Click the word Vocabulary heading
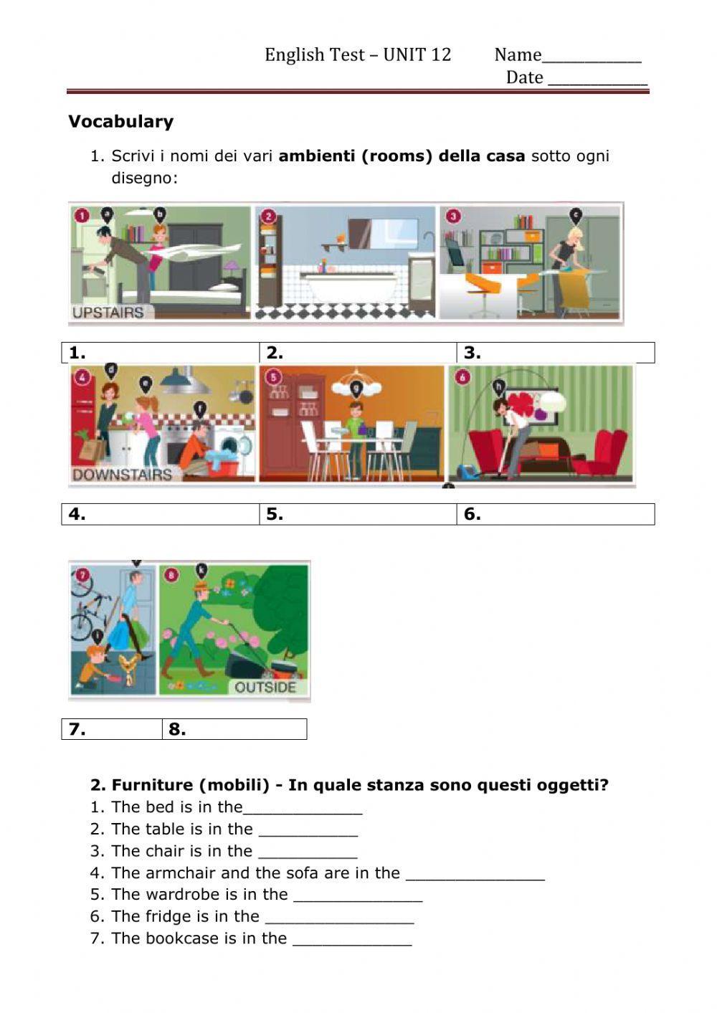tap(120, 121)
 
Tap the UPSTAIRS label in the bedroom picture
tap(108, 313)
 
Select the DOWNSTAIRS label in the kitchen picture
tap(122, 475)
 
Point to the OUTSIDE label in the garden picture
tap(265, 687)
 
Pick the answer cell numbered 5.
tap(358, 514)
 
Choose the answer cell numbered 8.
tap(234, 729)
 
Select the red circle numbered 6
tap(462, 377)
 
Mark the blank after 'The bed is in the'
tap(303, 808)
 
